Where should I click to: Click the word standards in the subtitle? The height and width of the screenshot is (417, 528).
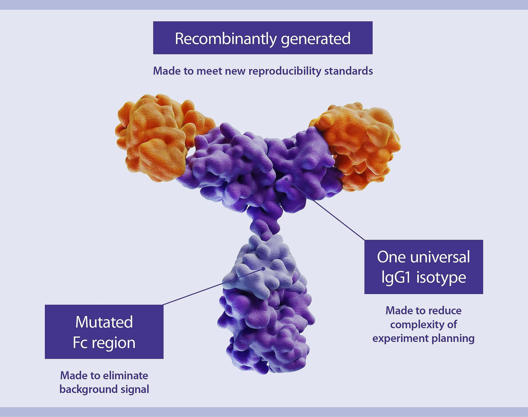(x=348, y=71)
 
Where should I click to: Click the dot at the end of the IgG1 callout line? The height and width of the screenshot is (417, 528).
(x=287, y=179)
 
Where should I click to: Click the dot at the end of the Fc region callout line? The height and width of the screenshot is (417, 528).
(x=263, y=269)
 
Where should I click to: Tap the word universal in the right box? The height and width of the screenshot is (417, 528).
(x=440, y=257)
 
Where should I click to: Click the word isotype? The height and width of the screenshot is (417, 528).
(x=441, y=277)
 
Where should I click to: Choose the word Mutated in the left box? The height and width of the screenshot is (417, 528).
(x=104, y=322)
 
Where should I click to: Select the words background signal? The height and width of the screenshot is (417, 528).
(x=104, y=389)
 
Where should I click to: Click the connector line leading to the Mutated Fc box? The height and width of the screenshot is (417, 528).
(x=212, y=287)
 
